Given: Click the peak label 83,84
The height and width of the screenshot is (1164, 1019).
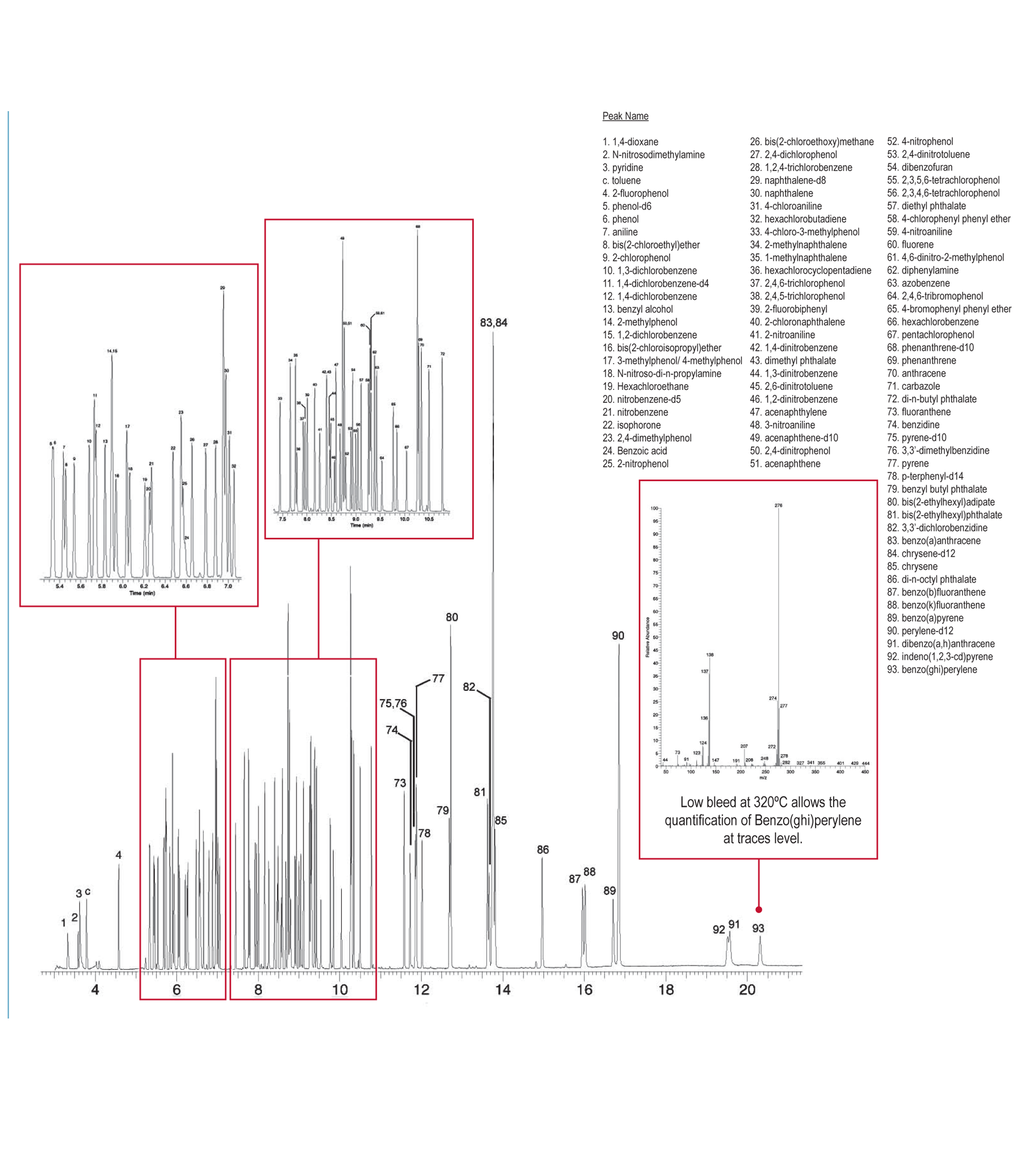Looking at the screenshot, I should pyautogui.click(x=493, y=322).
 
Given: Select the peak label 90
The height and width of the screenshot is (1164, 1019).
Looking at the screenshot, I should pyautogui.click(x=618, y=636).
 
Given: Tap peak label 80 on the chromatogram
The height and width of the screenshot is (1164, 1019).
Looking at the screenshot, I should pyautogui.click(x=452, y=617).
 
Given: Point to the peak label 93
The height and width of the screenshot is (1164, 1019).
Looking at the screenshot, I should pyautogui.click(x=758, y=928).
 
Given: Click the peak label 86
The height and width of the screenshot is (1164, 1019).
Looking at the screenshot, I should pyautogui.click(x=543, y=850).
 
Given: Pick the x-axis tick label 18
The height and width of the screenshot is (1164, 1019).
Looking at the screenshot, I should pyautogui.click(x=666, y=990).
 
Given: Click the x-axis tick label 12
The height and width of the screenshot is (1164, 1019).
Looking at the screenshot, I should pyautogui.click(x=421, y=990).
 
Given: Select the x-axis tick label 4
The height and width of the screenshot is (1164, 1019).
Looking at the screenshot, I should pyautogui.click(x=95, y=990).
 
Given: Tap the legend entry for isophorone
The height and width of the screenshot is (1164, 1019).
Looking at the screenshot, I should pyautogui.click(x=631, y=425).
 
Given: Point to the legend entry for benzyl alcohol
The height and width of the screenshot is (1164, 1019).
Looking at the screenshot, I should pyautogui.click(x=638, y=310).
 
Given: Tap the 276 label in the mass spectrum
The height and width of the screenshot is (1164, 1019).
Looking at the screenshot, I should pyautogui.click(x=779, y=505).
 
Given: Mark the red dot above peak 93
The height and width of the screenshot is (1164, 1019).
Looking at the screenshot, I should pyautogui.click(x=759, y=910).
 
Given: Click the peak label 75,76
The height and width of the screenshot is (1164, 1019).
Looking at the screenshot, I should pyautogui.click(x=393, y=704).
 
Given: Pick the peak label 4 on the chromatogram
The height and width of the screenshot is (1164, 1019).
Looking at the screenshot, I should pyautogui.click(x=118, y=855).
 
